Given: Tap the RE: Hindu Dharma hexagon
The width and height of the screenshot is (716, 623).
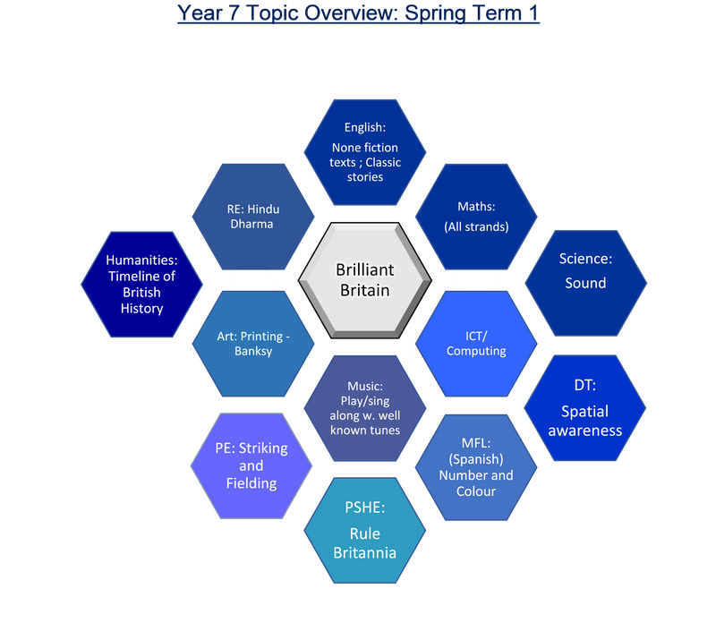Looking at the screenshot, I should point(253,217).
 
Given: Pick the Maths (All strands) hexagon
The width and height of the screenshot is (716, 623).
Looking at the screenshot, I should point(475,217).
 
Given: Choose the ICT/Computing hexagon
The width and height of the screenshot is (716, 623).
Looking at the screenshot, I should point(475,343).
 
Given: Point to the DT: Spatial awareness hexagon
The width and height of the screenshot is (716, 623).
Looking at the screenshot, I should point(584,409).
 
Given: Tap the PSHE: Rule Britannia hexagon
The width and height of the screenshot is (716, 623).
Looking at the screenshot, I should point(364,532).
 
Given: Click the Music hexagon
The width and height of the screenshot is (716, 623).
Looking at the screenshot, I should point(364,407).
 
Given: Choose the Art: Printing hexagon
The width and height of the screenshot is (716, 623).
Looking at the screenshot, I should point(253,343).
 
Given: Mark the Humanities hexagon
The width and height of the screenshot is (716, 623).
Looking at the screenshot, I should point(141,284).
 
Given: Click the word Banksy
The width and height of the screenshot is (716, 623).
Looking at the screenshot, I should point(253,351).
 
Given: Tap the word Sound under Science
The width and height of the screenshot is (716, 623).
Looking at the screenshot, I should point(585,283).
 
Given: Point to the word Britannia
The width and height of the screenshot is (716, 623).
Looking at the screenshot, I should point(364,552).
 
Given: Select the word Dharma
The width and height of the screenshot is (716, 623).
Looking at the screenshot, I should point(253,224).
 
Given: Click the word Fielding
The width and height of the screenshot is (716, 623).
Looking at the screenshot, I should point(251,483).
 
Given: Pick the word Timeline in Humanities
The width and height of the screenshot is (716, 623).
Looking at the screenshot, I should point(141,276).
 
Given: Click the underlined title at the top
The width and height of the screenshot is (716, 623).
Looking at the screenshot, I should point(358,13).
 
